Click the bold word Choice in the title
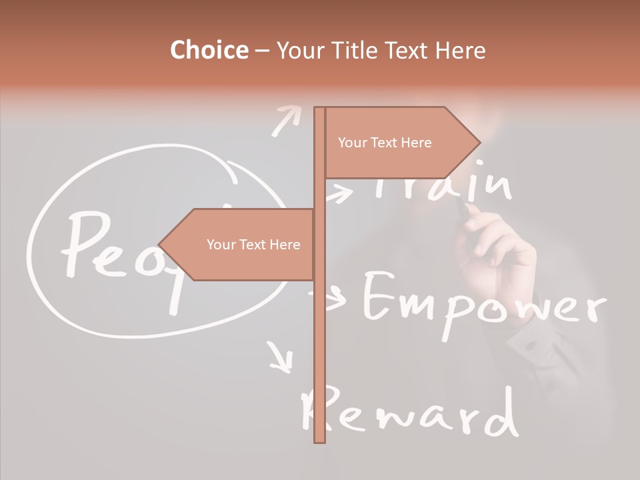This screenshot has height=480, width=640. coord(209,50)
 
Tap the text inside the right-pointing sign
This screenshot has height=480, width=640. coord(385,143)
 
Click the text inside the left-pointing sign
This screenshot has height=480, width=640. coord(253,245)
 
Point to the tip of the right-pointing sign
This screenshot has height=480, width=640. coord(479,142)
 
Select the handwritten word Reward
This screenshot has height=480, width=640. coord(409,413)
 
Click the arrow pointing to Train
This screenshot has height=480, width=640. coord(340,195)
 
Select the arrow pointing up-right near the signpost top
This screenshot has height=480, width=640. coord(286,120)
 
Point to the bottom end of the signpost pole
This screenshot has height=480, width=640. coord(319,439)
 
